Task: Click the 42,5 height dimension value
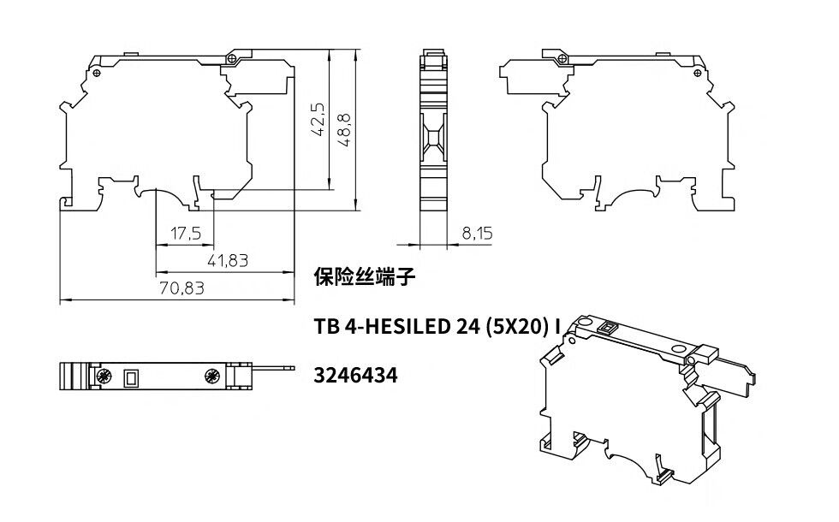pos(318,120)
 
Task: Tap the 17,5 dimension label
pos(186,233)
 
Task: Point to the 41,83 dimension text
pos(228,260)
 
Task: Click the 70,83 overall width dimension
pos(181,288)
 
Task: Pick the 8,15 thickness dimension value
pos(477,233)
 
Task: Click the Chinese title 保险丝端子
pos(365,277)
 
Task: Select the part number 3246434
pos(355,376)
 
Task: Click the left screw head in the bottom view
pos(103,376)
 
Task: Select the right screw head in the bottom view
pos(213,376)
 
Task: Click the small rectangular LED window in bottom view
pos(130,378)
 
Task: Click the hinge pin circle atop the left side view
pos(232,58)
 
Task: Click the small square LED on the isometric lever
pos(608,327)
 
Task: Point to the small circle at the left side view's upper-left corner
pos(96,73)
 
